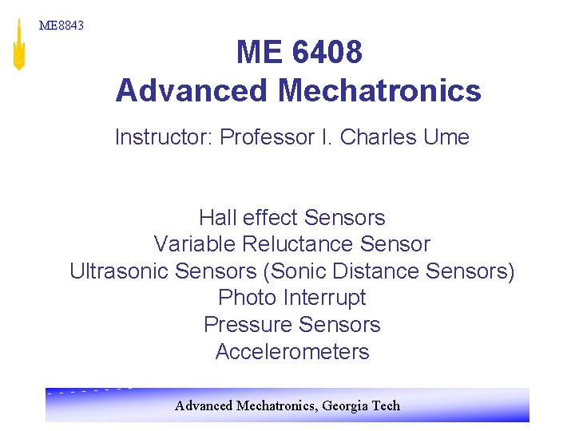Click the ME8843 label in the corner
tap(61, 26)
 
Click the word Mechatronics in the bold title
tap(379, 91)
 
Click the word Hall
tap(216, 217)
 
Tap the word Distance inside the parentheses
tap(380, 271)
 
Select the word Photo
tap(248, 298)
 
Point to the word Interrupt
tap(324, 298)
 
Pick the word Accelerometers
tap(292, 352)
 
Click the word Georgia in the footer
tap(347, 405)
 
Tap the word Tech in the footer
tap(386, 405)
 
